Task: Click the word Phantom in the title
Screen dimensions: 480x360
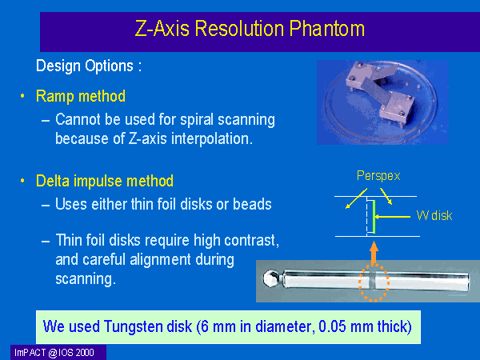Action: (326, 29)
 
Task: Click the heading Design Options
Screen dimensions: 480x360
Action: (89, 66)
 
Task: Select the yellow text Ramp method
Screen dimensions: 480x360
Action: (81, 96)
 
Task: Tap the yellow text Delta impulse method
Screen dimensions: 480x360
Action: (105, 181)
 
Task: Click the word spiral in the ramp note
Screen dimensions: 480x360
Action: (197, 120)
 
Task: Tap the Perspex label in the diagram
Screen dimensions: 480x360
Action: (378, 176)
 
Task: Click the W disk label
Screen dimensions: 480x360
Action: (434, 215)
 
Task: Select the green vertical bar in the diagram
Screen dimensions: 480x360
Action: (374, 217)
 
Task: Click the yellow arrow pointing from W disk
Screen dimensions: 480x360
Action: (393, 217)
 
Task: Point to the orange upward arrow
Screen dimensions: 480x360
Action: (374, 253)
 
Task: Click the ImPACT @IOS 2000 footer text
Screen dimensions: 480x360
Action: (54, 353)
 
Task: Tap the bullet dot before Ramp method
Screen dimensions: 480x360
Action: (22, 96)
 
